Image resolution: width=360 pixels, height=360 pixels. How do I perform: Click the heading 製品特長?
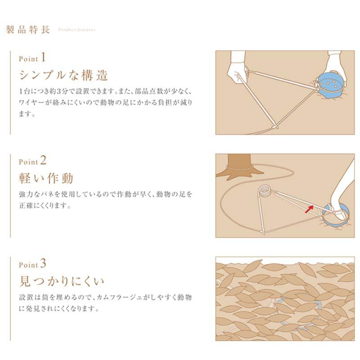pyautogui.click(x=28, y=30)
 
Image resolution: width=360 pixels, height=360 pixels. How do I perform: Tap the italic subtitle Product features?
pyautogui.click(x=76, y=31)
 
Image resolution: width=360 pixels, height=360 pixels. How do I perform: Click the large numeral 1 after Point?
pyautogui.click(x=43, y=57)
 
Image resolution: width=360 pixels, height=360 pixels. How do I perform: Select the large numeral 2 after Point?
pyautogui.click(x=43, y=160)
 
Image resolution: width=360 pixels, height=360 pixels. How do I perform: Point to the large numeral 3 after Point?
pyautogui.click(x=43, y=262)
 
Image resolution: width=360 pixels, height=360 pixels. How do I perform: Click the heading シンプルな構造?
pyautogui.click(x=63, y=75)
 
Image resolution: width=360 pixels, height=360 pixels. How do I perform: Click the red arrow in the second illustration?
pyautogui.click(x=309, y=208)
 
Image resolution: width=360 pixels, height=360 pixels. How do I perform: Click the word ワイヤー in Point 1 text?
pyautogui.click(x=32, y=102)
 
